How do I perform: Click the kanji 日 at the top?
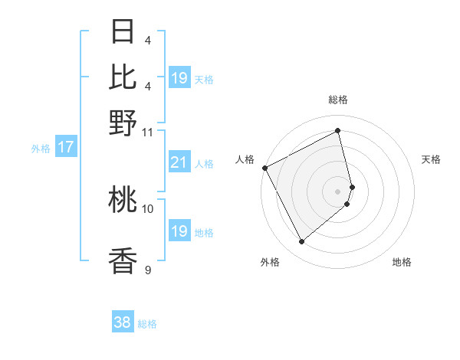[123, 32]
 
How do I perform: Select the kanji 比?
[123, 77]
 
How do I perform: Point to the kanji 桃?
[123, 200]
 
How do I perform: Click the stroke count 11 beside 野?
[148, 131]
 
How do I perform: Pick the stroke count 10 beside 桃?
[148, 208]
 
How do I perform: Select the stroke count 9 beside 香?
[148, 269]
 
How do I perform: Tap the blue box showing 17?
[66, 147]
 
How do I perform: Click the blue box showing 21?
[179, 162]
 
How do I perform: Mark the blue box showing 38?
[123, 322]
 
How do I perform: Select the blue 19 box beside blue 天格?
[179, 77]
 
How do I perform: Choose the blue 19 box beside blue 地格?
[179, 231]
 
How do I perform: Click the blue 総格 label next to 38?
[147, 324]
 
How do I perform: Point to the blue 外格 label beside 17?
[40, 149]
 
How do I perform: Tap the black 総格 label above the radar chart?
[338, 100]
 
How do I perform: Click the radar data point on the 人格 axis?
[264, 168]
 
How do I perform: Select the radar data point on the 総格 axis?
[338, 131]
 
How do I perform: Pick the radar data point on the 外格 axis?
[301, 242]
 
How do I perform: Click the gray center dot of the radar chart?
[338, 191]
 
